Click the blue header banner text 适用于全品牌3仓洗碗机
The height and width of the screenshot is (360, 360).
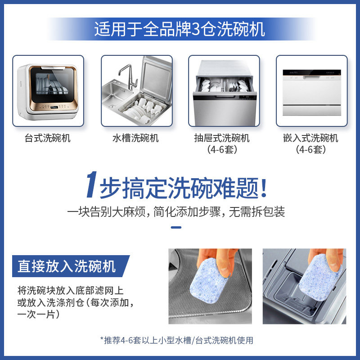tap(180, 29)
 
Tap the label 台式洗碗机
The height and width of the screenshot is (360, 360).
tap(48, 138)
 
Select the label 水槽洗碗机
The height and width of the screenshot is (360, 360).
tap(135, 138)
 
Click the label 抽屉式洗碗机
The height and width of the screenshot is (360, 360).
tap(223, 138)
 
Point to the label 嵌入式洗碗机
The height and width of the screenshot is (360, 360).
tap(311, 138)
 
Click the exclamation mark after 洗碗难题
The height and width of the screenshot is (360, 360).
tap(264, 186)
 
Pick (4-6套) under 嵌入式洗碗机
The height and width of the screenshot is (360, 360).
tap(311, 150)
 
